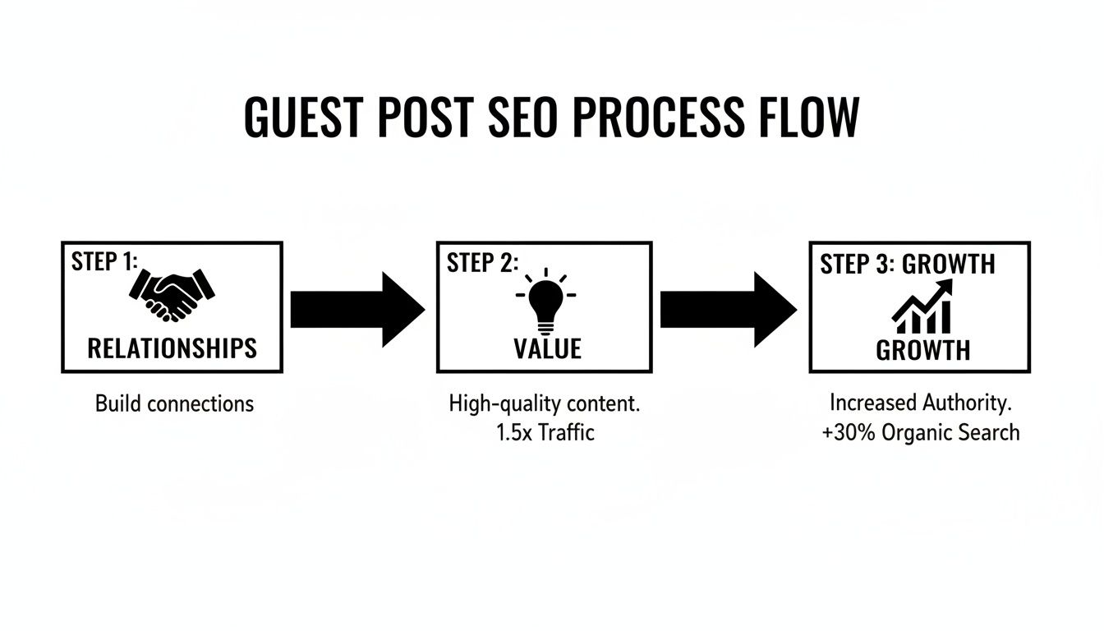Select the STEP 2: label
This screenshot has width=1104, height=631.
click(482, 263)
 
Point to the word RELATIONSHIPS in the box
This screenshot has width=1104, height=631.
click(172, 348)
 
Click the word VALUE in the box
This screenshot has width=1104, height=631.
click(547, 348)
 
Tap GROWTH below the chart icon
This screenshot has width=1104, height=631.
click(922, 351)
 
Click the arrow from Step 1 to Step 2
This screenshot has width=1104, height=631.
click(357, 309)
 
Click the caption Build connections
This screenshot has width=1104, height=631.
click(174, 403)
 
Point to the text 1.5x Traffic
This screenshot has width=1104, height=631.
click(545, 431)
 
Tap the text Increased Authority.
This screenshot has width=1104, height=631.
click(921, 403)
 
